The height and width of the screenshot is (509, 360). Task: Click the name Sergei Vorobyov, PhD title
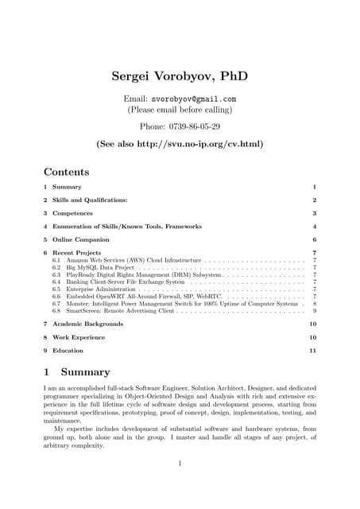point(180,76)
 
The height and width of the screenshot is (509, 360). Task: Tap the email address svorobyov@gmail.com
point(196,99)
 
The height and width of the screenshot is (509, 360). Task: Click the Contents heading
point(66,172)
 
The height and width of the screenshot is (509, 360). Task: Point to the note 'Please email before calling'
point(180,110)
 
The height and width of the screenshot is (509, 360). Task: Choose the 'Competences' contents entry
point(72,213)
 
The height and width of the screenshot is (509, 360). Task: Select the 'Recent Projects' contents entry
point(79,252)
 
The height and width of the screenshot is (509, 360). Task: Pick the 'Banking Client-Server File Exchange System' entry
point(126,282)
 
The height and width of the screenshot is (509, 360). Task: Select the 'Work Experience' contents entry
point(78,337)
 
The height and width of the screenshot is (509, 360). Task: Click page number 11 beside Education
point(313,350)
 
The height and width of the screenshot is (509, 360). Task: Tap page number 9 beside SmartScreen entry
point(315,311)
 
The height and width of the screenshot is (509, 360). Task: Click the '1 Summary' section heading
point(77,372)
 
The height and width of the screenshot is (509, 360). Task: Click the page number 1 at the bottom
point(180,464)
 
